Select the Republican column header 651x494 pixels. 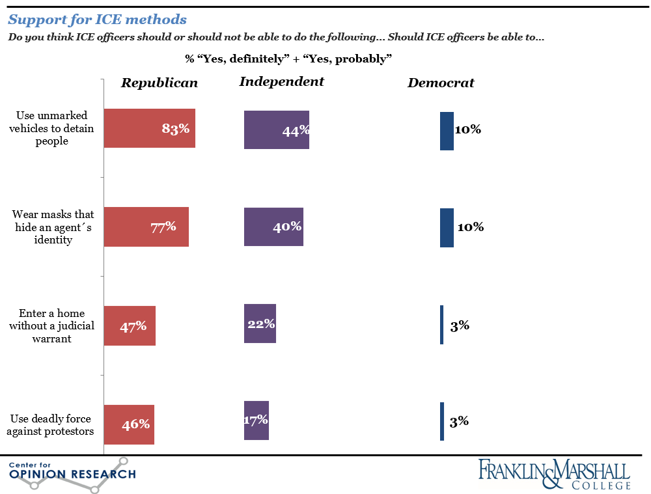pos(159,83)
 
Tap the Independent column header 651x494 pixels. pos(281,81)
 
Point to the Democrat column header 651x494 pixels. pos(441,83)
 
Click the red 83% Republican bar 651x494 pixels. pos(150,128)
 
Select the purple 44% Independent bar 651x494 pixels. pos(276,130)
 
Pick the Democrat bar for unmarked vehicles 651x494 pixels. pos(447,131)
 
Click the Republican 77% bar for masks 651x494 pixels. pos(146,227)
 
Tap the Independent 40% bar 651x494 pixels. pos(273,227)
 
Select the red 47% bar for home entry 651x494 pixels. pos(130,325)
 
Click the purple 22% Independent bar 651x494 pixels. pos(260,323)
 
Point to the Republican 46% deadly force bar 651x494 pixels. pos(129,424)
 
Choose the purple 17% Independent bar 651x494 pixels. pos(256,420)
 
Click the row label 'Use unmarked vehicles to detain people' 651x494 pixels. pos(52,128)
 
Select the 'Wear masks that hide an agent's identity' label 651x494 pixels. pos(52,227)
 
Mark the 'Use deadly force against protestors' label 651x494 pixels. pos(52,424)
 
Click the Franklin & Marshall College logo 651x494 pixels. pos(554,474)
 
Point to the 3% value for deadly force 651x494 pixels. pos(459,422)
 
